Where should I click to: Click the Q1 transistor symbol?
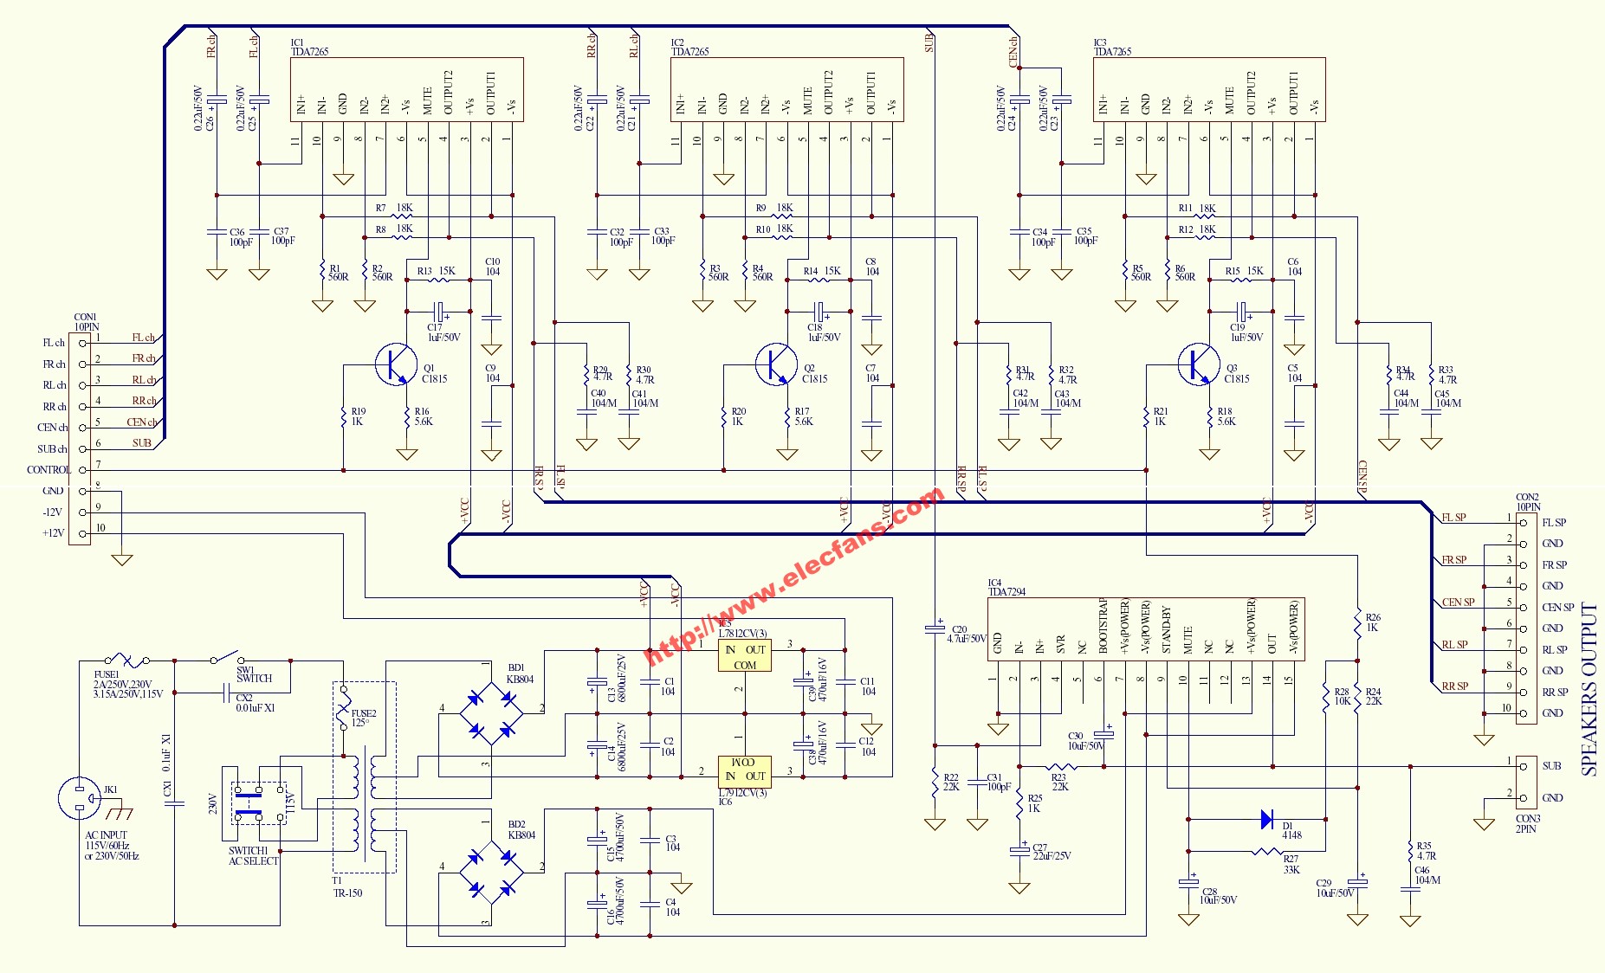coord(396,364)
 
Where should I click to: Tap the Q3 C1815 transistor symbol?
coord(1199,364)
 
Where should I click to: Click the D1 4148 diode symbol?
coord(1267,819)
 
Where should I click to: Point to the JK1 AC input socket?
coord(80,797)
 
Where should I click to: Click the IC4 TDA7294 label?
coord(1006,588)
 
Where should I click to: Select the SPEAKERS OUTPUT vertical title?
coord(1589,688)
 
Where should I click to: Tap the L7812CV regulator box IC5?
coord(744,657)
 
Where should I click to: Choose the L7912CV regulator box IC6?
coord(744,770)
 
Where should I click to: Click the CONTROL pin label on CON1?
coord(49,470)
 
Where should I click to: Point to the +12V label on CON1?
coord(54,533)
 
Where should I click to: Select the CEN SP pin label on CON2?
coord(1557,608)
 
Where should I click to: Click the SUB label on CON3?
coord(1551,766)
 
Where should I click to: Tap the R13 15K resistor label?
coord(437,271)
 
